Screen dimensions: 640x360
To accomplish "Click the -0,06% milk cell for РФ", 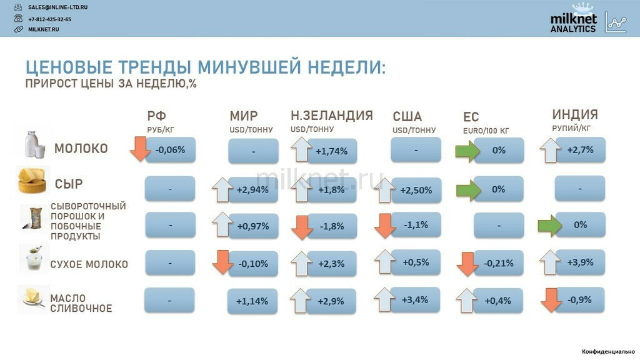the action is (x=171, y=150).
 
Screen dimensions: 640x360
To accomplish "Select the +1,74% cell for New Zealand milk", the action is (x=332, y=151).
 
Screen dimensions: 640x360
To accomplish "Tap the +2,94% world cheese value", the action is (x=252, y=190).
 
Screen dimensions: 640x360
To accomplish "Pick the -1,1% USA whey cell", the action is (x=416, y=225).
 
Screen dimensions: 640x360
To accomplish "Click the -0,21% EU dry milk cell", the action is (x=498, y=263).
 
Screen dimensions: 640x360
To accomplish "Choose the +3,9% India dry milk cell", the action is (x=580, y=262).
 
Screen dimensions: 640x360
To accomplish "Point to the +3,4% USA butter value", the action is (x=415, y=300).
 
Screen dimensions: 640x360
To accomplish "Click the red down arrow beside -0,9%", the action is (x=551, y=300).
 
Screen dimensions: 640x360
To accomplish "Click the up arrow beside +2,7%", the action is (x=550, y=150).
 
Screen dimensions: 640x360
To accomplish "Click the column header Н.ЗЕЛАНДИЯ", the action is (x=332, y=116).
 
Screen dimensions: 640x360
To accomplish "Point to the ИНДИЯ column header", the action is (x=575, y=114).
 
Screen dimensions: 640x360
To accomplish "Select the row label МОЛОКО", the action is (x=81, y=148).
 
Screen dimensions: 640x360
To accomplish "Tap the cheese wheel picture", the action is (x=32, y=181).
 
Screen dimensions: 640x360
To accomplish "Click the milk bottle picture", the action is (x=34, y=144).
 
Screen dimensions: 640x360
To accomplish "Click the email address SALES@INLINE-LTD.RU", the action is (x=57, y=7).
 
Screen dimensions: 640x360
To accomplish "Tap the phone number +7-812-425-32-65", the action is (x=49, y=19).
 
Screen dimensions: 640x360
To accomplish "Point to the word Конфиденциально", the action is (x=608, y=351).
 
